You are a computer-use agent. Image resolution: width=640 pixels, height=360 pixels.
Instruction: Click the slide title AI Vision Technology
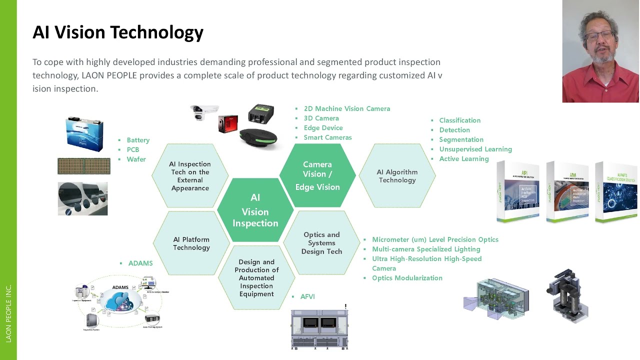click(118, 32)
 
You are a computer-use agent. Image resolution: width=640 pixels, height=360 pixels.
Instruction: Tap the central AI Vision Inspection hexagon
click(255, 210)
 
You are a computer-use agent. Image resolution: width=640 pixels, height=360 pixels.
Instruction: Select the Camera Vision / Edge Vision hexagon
click(317, 175)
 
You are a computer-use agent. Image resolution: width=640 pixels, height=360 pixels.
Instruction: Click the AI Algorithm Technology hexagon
click(397, 176)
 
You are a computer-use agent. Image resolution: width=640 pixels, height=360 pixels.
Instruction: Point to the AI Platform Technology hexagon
click(191, 243)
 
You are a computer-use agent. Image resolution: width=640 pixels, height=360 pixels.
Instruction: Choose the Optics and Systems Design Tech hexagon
click(321, 243)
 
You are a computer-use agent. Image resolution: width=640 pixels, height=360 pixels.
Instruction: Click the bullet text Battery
click(138, 140)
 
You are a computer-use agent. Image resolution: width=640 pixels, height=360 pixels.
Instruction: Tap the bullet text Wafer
click(136, 159)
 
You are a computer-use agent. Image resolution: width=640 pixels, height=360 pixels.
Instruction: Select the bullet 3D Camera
click(321, 118)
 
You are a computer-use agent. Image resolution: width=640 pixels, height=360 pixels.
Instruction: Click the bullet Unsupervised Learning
click(475, 149)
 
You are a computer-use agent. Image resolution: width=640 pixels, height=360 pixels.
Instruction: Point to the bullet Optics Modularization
click(407, 278)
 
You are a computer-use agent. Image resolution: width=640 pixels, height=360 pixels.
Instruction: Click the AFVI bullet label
click(307, 296)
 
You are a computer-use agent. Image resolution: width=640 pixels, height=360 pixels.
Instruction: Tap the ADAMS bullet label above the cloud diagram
click(140, 263)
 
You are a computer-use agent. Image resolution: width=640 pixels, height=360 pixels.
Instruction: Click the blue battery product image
click(84, 133)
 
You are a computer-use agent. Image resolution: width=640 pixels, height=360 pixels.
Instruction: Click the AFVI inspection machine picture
click(319, 328)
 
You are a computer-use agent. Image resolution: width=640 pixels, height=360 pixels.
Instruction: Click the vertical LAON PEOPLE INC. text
click(8, 313)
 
